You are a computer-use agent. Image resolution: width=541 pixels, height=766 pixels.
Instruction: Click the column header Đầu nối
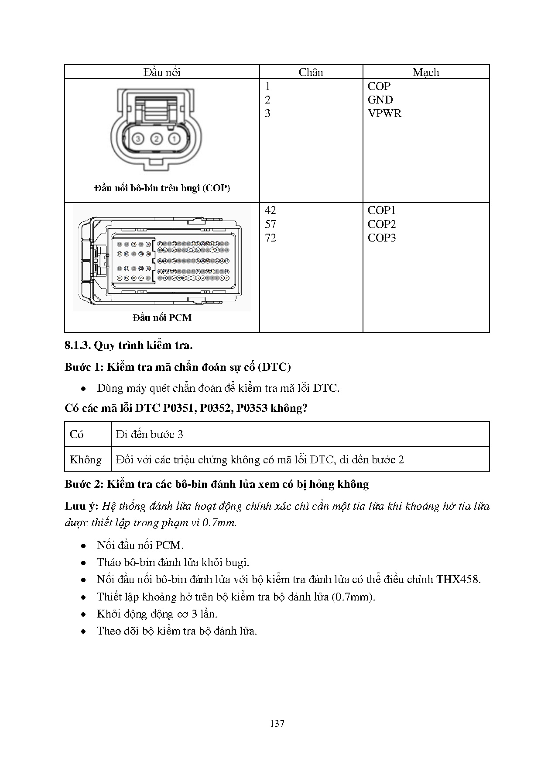[162, 72]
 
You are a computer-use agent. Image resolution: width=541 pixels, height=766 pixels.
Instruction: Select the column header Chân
[311, 72]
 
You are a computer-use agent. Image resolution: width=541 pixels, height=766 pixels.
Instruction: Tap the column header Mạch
[426, 72]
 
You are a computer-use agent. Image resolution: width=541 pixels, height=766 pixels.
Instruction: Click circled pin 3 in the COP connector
[138, 139]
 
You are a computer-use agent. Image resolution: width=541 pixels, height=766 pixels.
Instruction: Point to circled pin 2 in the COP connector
[156, 139]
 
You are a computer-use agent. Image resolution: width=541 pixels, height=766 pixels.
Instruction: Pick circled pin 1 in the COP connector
[174, 139]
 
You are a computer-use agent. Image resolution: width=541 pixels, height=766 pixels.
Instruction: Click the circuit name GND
[380, 100]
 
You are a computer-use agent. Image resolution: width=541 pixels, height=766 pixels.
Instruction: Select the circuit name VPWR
[384, 114]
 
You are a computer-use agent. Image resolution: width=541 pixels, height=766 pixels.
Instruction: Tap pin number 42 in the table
[270, 210]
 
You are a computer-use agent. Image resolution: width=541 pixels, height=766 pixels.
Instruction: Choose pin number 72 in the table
[270, 238]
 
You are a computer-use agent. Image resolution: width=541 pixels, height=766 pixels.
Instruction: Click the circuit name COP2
[381, 224]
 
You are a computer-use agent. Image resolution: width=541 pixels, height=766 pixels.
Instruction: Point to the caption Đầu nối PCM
[162, 318]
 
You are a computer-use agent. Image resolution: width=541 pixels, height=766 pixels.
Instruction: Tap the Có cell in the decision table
[77, 434]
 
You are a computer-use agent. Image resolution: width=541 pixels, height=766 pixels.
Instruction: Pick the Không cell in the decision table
[86, 459]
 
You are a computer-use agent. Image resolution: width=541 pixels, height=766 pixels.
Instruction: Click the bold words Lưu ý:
[82, 506]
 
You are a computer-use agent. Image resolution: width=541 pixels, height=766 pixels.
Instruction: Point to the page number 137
[277, 724]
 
